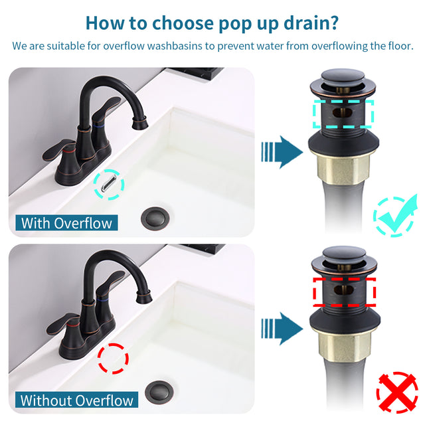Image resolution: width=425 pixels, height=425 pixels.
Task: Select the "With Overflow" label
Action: click(x=66, y=222)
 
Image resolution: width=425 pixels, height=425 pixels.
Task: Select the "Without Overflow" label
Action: click(x=77, y=400)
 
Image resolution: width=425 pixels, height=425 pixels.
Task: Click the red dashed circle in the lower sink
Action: click(x=113, y=359)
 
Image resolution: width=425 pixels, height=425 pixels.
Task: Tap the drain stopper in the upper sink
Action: click(x=156, y=218)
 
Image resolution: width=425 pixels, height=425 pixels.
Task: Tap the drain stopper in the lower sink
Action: click(x=159, y=390)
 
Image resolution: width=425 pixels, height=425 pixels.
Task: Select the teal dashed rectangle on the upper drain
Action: click(x=343, y=114)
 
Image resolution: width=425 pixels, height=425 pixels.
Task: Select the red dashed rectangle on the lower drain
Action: click(x=343, y=291)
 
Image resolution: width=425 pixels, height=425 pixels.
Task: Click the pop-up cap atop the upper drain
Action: click(x=343, y=77)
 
